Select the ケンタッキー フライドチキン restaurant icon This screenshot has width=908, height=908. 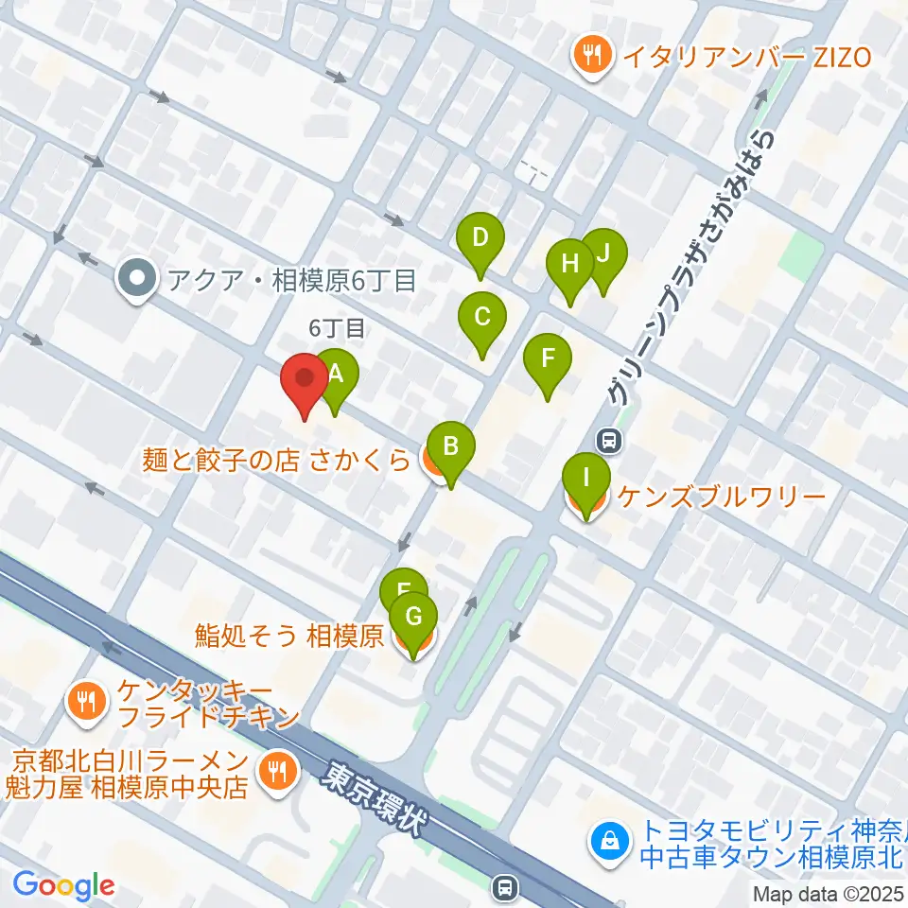87,701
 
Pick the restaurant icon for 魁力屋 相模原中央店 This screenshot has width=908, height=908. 277,771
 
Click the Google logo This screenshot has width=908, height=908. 63,885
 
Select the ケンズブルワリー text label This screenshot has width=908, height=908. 723,496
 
